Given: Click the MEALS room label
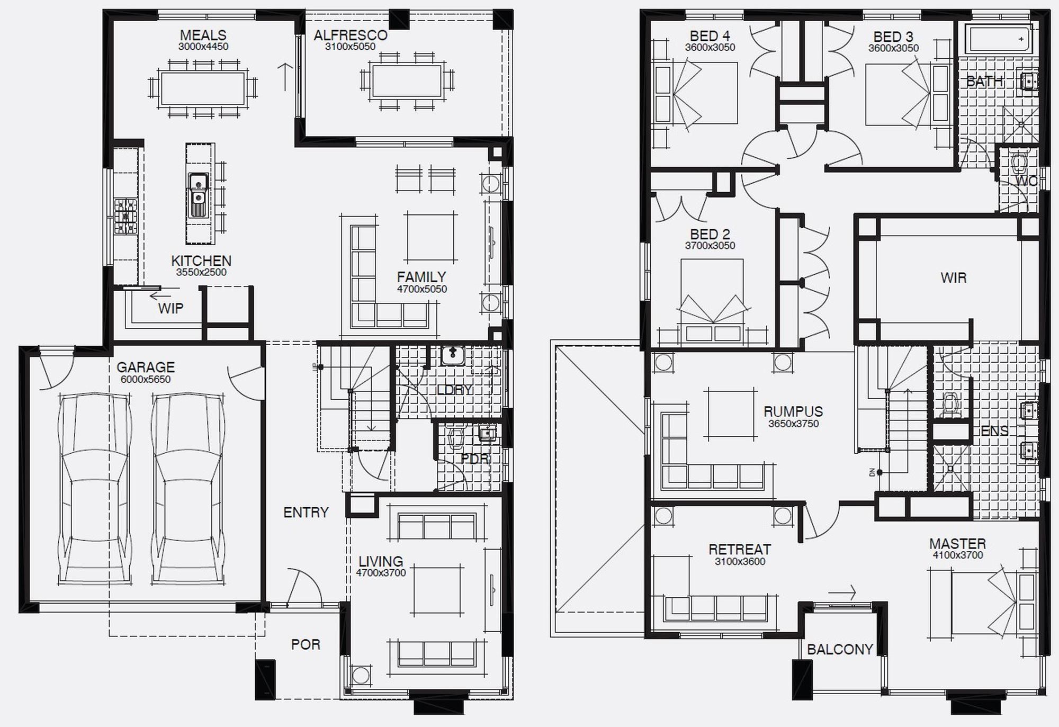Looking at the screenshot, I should tap(203, 35).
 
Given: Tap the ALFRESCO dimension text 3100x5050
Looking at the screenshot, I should tap(350, 47).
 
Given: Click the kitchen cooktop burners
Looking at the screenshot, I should tap(126, 216).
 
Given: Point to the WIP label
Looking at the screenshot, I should tap(170, 308).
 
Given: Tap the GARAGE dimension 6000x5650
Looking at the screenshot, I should tap(145, 379).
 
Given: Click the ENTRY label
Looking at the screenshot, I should tap(306, 512).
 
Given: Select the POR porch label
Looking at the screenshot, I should tap(306, 644).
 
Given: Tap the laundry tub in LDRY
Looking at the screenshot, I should tap(453, 355).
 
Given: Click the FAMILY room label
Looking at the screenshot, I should tap(421, 277).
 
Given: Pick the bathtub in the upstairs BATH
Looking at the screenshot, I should tap(997, 38).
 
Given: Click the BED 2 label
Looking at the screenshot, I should tap(710, 234).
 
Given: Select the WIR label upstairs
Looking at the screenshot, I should tap(953, 277).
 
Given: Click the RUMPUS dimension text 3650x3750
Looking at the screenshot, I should tap(793, 424).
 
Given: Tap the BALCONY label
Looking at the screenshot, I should tap(839, 649).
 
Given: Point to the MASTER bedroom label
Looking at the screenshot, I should tap(957, 544).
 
